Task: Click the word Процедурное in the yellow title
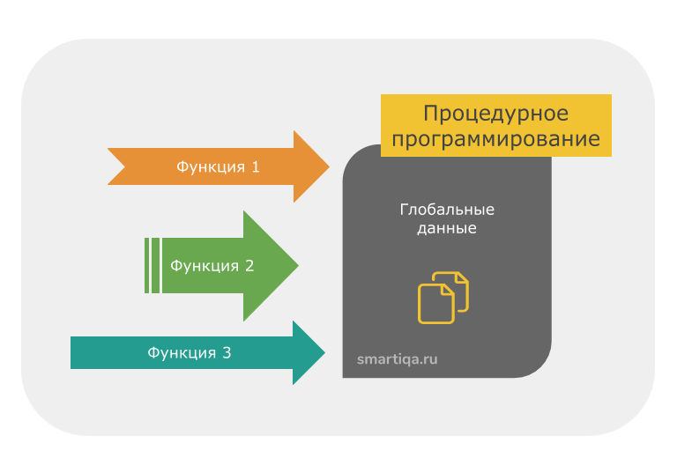tap(495, 114)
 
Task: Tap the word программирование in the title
tap(495, 139)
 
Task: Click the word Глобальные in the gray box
tap(447, 210)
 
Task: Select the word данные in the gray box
tap(447, 228)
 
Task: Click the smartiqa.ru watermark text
tap(397, 358)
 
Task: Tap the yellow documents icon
tap(443, 298)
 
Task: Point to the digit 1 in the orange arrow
tap(256, 166)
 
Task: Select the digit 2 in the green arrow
tap(249, 265)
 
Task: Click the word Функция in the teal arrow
tap(182, 353)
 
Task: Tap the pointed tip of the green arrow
tap(297, 265)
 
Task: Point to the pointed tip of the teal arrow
tap(324, 353)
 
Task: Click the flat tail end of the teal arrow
tap(73, 353)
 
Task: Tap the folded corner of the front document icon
tap(450, 291)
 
